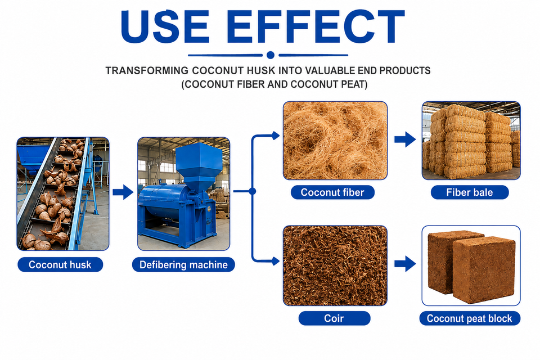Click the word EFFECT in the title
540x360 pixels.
click(x=315, y=26)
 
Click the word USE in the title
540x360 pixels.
click(x=165, y=26)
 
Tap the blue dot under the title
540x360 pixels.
click(x=271, y=55)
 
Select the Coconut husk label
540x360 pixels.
click(x=60, y=264)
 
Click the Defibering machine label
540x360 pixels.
click(x=183, y=264)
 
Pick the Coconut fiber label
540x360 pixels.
click(x=332, y=192)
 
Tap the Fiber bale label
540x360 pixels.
click(x=470, y=192)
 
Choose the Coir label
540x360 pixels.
click(x=334, y=318)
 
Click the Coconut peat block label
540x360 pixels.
click(x=470, y=318)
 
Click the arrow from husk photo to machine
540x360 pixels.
click(x=123, y=192)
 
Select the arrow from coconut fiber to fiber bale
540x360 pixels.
click(x=405, y=139)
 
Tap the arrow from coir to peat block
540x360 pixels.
click(x=405, y=264)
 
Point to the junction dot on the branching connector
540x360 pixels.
click(x=253, y=191)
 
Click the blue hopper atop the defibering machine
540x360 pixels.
click(x=199, y=165)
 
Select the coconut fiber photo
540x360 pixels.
click(x=335, y=141)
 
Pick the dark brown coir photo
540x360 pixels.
click(x=335, y=265)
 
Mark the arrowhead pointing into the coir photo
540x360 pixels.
click(x=276, y=262)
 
